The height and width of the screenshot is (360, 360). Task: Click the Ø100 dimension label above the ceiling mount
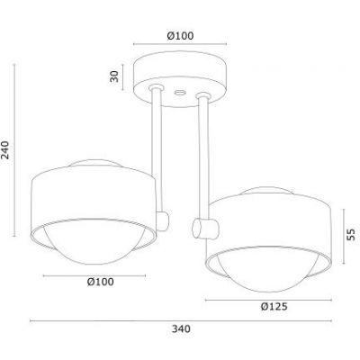coord(184,36)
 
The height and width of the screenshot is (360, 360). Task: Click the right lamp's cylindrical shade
coord(270,225)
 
